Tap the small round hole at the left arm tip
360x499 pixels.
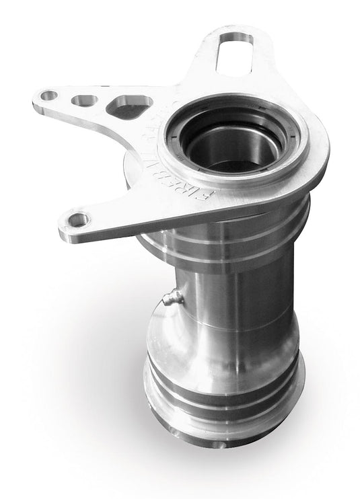point(49,95)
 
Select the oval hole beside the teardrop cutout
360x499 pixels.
point(84,101)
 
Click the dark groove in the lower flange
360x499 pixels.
point(222,397)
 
